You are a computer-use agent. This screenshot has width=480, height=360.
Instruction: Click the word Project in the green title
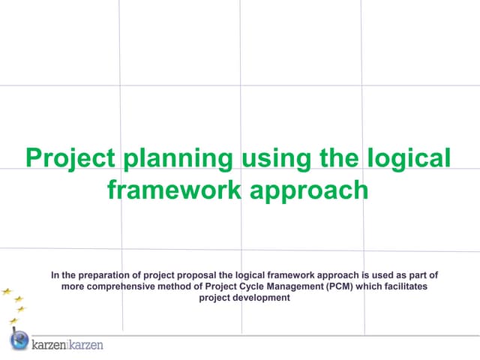point(70,159)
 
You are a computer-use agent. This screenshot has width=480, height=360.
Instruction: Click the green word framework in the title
point(174,189)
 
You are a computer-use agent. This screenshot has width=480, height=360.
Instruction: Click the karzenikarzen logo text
point(67,344)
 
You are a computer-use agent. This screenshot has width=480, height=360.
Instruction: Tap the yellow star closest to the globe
point(13,320)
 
